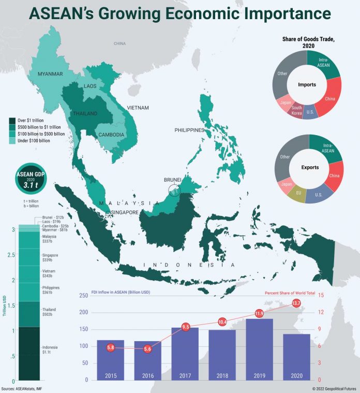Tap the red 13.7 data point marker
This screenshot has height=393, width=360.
296,303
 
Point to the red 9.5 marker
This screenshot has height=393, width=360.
186,327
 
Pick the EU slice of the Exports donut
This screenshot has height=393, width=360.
298,194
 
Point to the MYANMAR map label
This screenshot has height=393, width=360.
50,74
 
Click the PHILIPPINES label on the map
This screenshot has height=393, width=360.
189,130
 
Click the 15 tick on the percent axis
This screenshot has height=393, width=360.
321,295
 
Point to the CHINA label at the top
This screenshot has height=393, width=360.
120,43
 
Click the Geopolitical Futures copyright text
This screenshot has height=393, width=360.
334,388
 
